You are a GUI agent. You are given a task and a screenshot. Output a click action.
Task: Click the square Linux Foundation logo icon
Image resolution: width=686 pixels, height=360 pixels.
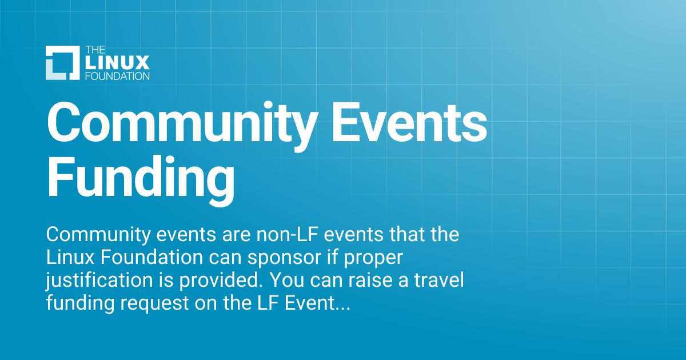tap(62, 62)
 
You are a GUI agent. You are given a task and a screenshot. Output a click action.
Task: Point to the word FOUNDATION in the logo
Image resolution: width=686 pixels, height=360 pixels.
tap(117, 75)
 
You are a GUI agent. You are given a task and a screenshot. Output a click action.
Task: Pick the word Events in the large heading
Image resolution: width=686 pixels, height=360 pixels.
tap(410, 122)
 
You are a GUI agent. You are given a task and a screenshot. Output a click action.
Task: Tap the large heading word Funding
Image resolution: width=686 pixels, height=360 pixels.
tap(141, 177)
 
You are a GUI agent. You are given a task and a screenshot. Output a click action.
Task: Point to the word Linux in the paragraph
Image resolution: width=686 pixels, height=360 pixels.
tap(70, 258)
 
